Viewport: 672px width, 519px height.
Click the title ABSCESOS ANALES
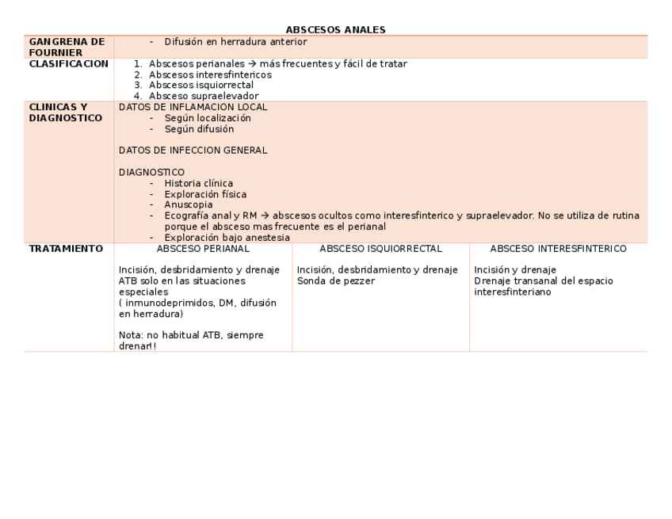pyautogui.click(x=335, y=30)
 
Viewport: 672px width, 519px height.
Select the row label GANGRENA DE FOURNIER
pyautogui.click(x=67, y=47)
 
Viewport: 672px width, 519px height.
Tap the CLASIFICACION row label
pyautogui.click(x=68, y=63)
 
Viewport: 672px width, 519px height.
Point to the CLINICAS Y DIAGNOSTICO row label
pyautogui.click(x=65, y=113)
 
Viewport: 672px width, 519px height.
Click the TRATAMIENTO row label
pyautogui.click(x=66, y=249)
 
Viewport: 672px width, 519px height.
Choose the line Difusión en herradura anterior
pyautogui.click(x=235, y=42)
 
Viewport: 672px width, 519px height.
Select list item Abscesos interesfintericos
pyautogui.click(x=210, y=74)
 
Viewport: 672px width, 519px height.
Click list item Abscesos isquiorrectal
pyautogui.click(x=201, y=86)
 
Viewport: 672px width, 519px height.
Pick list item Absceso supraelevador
pyautogui.click(x=204, y=97)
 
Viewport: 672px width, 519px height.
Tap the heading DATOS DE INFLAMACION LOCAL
pyautogui.click(x=193, y=107)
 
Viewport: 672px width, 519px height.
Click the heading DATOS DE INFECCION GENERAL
pyautogui.click(x=193, y=151)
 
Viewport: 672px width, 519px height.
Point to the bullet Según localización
pyautogui.click(x=208, y=118)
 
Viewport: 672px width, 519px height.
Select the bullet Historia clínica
pyautogui.click(x=198, y=184)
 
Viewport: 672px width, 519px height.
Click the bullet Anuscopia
pyautogui.click(x=189, y=205)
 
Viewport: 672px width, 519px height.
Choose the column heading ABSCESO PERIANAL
pyautogui.click(x=203, y=249)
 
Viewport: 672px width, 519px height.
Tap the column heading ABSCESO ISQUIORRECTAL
pyautogui.click(x=380, y=249)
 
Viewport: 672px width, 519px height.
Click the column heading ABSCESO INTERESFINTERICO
pyautogui.click(x=558, y=249)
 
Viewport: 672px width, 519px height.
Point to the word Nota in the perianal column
pyautogui.click(x=129, y=335)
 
